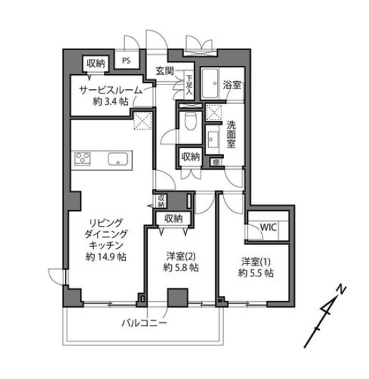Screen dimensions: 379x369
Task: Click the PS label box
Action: click(126, 60)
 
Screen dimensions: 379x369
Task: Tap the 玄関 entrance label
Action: click(165, 70)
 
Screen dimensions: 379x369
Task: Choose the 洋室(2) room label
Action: click(182, 256)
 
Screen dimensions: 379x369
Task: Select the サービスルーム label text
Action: click(110, 90)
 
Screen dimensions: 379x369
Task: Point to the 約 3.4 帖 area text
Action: click(110, 102)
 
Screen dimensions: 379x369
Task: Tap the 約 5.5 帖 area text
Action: click(258, 273)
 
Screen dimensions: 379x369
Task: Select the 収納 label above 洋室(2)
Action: click(172, 219)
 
